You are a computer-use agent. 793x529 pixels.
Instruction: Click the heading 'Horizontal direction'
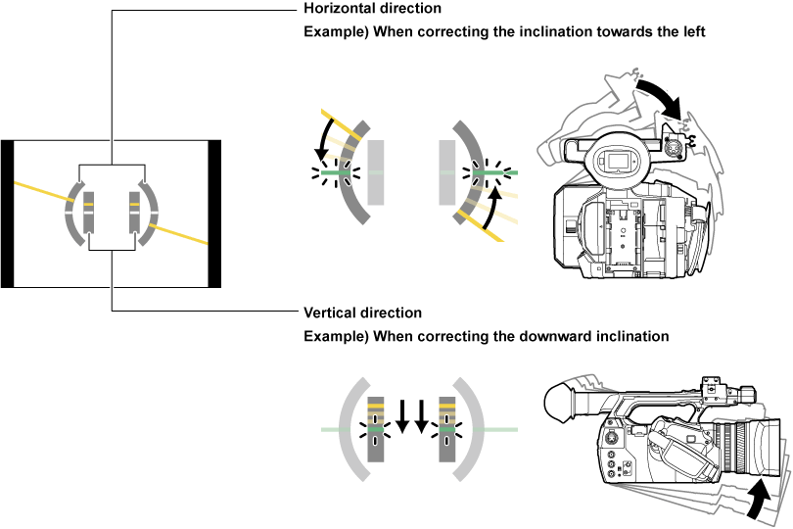(373, 9)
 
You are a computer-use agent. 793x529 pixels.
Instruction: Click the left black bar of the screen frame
(8, 215)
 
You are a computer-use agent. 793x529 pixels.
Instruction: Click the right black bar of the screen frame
(215, 215)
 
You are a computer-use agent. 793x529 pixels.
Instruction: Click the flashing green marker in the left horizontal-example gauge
(336, 173)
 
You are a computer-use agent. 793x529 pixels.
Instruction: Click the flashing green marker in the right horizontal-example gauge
(482, 173)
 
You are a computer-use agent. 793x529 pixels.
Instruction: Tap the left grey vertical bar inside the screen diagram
(88, 214)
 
